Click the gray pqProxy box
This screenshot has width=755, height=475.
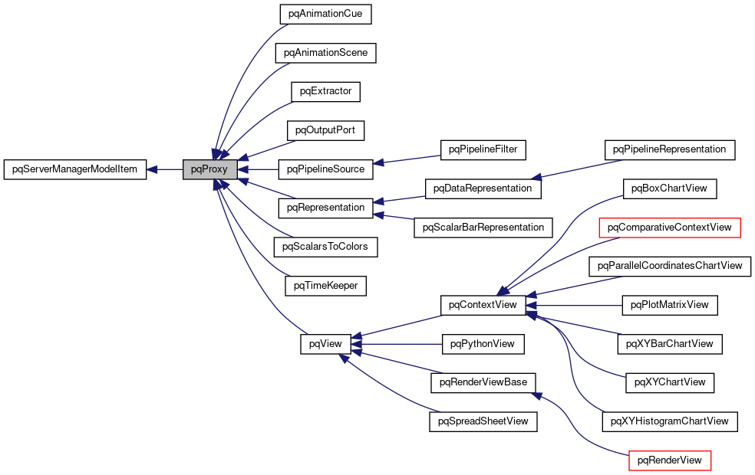point(209,169)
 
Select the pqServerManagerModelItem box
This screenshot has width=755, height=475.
point(74,169)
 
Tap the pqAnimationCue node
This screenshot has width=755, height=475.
point(325,15)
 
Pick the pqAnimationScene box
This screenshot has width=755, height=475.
point(325,53)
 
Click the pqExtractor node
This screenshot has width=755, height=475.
point(325,91)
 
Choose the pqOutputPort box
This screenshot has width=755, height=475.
point(325,130)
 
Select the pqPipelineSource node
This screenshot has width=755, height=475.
point(325,169)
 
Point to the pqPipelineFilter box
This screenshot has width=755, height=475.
point(483,149)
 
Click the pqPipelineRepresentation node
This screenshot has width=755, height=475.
point(670,149)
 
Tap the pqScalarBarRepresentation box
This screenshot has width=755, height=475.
point(483,227)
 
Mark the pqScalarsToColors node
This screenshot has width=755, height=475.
point(325,247)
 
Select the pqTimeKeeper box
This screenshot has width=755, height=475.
point(325,285)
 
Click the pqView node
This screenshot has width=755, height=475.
point(325,344)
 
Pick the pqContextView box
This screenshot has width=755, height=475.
point(483,305)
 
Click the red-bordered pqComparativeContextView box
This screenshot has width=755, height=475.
point(670,227)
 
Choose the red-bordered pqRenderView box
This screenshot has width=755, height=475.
point(670,460)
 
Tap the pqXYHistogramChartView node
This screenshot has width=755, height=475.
point(670,421)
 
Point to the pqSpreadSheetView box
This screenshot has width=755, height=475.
point(483,421)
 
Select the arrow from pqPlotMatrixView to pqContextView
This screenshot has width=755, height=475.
point(575,305)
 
